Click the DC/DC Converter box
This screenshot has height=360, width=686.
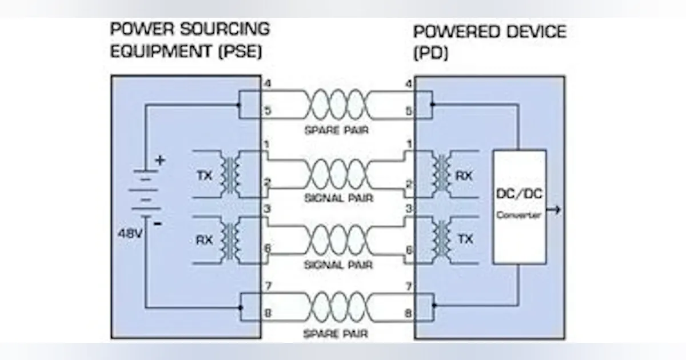(x=519, y=206)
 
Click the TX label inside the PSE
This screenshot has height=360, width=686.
(x=204, y=175)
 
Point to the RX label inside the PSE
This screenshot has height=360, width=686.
(x=204, y=240)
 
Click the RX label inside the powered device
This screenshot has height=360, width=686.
(x=464, y=175)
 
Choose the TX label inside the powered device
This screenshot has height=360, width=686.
(x=465, y=239)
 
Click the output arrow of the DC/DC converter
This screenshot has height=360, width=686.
(x=554, y=210)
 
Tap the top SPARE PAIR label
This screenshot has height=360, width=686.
(x=336, y=130)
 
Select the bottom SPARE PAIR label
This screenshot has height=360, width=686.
(x=336, y=333)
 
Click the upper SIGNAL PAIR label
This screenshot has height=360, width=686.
(x=339, y=198)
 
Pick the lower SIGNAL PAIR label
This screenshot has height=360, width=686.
(x=339, y=265)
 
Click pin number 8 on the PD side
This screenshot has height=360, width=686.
(x=408, y=313)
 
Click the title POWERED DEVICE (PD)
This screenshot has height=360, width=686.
(x=489, y=42)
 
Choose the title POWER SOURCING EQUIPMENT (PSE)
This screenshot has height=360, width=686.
(x=189, y=40)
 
